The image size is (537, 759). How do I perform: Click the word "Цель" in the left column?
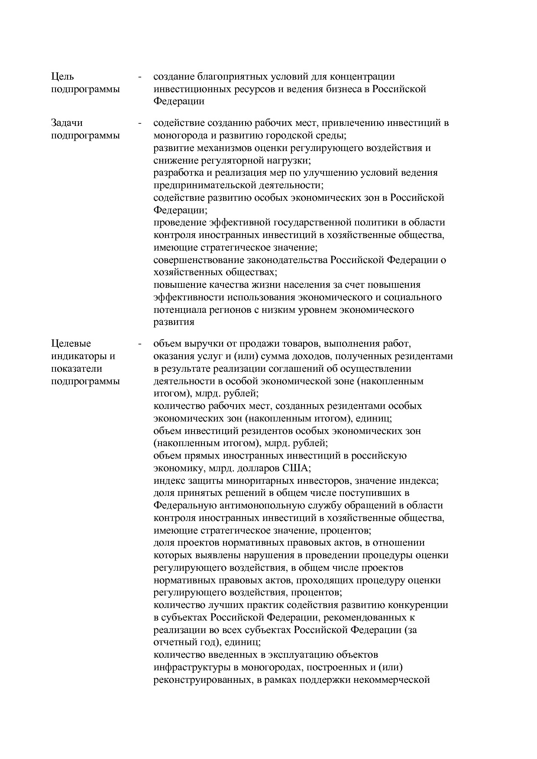pyautogui.click(x=63, y=77)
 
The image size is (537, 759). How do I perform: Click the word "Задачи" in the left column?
pyautogui.click(x=67, y=123)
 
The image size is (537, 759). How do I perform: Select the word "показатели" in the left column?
pyautogui.click(x=77, y=369)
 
